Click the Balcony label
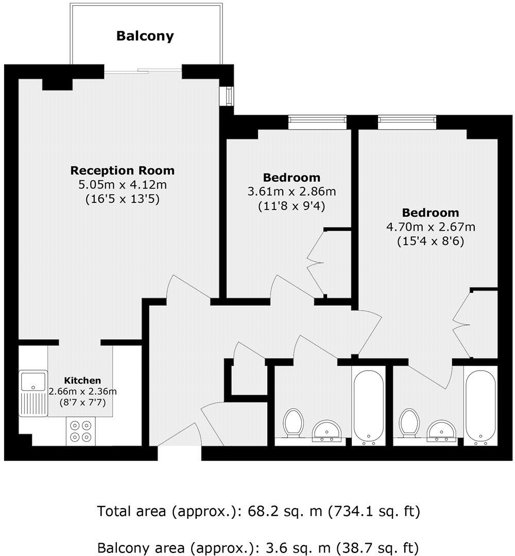145,36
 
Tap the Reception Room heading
123,170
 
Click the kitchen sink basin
33,381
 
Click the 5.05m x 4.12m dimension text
123,184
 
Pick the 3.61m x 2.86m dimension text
291,192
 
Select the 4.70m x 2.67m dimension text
431,227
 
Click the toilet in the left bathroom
293,423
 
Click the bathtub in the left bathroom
368,405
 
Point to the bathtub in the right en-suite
480,405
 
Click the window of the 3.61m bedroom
317,121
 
